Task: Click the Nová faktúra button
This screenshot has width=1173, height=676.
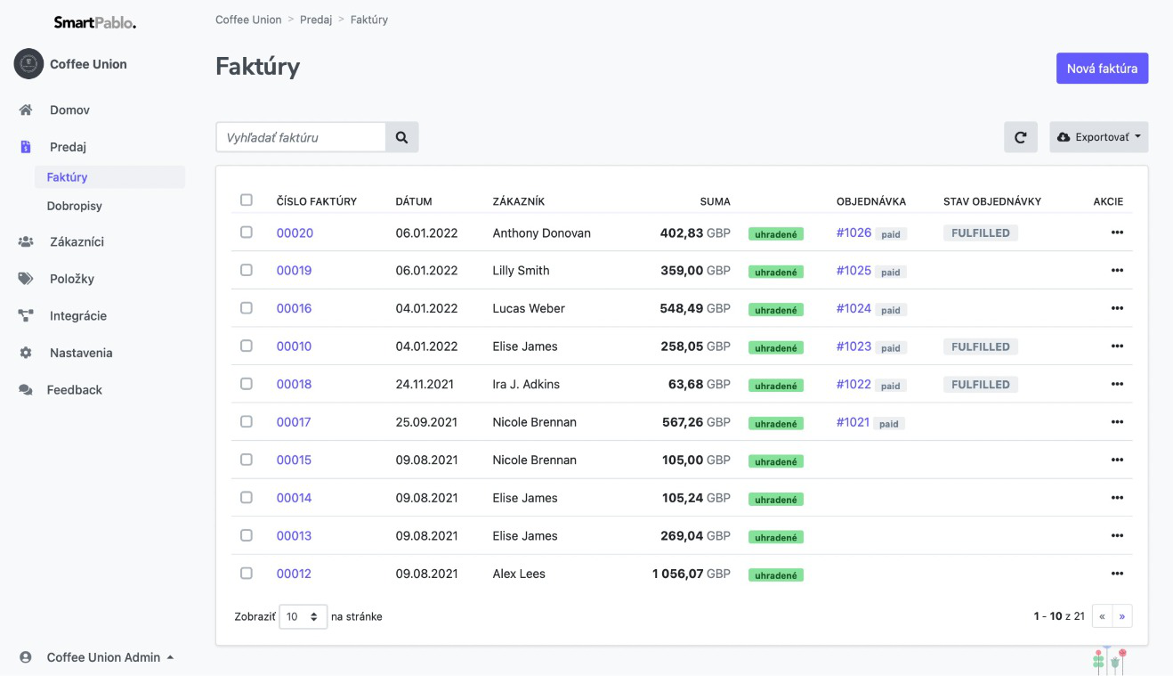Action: [x=1102, y=69]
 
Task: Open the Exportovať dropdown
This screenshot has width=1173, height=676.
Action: [x=1099, y=137]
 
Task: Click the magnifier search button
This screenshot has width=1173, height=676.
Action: [x=401, y=137]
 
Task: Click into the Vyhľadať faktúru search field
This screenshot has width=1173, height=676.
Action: [x=301, y=137]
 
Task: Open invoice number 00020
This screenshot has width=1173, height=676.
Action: [x=295, y=232]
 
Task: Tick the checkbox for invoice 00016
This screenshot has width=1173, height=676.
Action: [x=247, y=308]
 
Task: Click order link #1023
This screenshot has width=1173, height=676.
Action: [x=853, y=346]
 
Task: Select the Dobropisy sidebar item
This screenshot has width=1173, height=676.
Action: [x=75, y=206]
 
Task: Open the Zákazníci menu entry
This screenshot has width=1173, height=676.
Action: [x=77, y=241]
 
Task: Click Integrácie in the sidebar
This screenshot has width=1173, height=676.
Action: [x=78, y=315]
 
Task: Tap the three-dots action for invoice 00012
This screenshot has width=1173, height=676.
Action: [x=1117, y=574]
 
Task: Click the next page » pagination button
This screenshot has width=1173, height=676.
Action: [x=1122, y=616]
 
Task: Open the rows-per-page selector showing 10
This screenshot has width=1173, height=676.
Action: [x=303, y=616]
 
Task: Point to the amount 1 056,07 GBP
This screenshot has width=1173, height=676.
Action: [x=691, y=574]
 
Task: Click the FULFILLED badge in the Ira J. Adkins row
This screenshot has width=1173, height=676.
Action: [x=980, y=385]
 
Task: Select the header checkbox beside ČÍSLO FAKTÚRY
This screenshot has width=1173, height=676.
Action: [x=247, y=200]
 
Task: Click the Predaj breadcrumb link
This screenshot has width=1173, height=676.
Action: [x=316, y=20]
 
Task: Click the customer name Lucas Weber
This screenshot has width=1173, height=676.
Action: [x=529, y=308]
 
